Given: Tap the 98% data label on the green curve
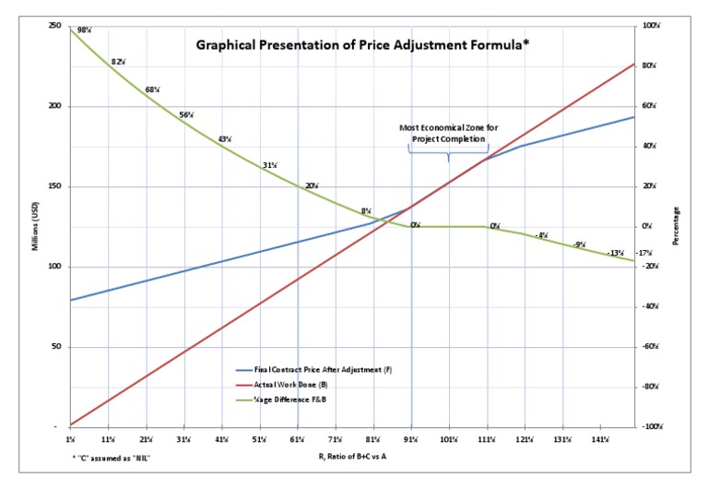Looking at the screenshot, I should coord(84,30).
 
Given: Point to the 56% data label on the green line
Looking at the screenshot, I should coord(186,115).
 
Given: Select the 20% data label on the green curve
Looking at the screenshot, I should coord(312,185).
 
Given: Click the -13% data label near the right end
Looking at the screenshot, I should coord(616,253).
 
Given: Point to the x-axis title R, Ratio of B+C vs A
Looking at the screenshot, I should coord(354,457).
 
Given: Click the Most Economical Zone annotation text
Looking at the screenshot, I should coord(449,133).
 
